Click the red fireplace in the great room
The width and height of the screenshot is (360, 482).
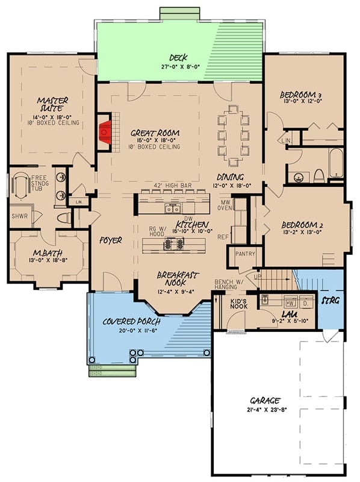[x=106, y=129]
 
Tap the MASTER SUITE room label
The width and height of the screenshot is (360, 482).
[x=52, y=104]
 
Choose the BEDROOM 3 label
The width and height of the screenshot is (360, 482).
[x=302, y=95]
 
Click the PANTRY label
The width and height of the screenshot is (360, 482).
[x=245, y=254]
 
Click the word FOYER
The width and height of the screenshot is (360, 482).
[x=111, y=240]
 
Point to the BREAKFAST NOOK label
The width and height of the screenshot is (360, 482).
[x=178, y=278]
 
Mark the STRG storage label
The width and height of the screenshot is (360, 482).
[x=331, y=299]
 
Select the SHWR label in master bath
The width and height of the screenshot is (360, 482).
[x=19, y=216]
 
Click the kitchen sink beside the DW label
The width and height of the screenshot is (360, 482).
[x=173, y=208]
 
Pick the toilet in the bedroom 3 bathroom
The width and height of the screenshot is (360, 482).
[x=319, y=175]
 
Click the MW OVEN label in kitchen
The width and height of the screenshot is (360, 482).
[x=226, y=205]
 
